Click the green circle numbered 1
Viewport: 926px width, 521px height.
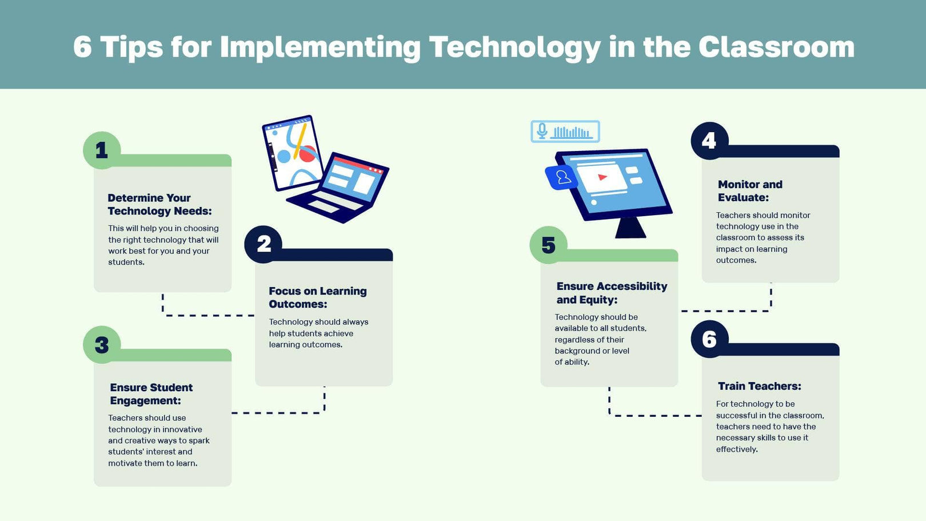102,150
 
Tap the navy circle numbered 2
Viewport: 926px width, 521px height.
264,244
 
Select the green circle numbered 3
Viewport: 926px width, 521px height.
102,345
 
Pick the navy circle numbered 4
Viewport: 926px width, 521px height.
709,141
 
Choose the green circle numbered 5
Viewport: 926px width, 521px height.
548,245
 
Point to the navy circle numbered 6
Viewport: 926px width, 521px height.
709,339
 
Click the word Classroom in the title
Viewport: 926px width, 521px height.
776,47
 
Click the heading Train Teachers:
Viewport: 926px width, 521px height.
759,386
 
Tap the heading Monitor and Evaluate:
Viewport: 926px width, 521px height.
749,191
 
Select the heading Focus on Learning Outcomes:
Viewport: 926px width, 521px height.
317,297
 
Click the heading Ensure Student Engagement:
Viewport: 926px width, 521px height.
151,394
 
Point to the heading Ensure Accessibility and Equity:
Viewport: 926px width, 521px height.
611,293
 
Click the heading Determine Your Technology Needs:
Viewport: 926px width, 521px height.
159,204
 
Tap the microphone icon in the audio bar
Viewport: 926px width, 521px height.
542,132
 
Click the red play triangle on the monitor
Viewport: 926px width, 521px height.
602,177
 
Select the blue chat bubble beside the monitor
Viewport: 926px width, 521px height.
562,178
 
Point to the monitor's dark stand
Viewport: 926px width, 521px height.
630,227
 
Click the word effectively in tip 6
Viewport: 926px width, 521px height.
736,450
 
